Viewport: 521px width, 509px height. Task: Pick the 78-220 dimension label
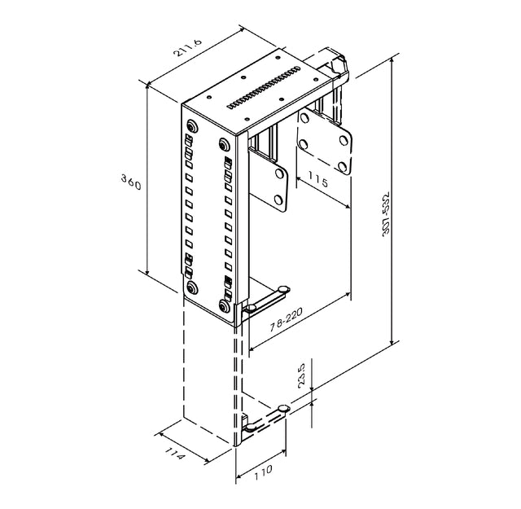point(290,323)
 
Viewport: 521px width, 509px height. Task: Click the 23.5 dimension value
point(301,375)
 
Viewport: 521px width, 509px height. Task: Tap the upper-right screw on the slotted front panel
point(223,145)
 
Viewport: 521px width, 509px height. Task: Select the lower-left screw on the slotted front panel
point(190,287)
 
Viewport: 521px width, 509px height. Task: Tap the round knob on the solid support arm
point(282,289)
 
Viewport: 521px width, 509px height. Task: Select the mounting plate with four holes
point(324,143)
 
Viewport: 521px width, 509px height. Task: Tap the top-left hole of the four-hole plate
point(304,119)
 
